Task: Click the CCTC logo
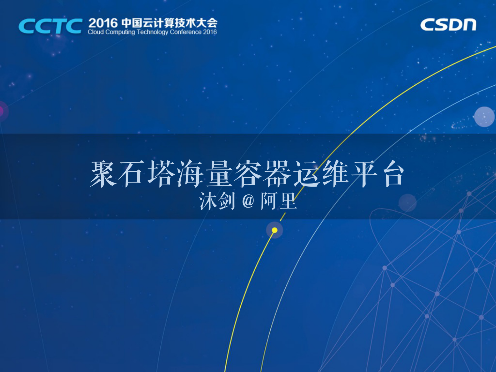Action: point(50,26)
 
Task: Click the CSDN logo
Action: point(448,25)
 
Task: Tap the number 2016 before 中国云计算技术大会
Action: point(103,23)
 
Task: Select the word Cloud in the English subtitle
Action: point(95,32)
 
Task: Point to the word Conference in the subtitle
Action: point(186,32)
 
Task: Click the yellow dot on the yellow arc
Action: point(274,230)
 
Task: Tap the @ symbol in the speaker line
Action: point(248,201)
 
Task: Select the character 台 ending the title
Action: point(393,174)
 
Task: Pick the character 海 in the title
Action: point(190,174)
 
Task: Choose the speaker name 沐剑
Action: point(217,201)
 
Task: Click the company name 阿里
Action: point(279,201)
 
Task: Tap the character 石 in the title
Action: point(132,174)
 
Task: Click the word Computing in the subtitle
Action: point(120,32)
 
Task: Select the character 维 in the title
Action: point(335,174)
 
